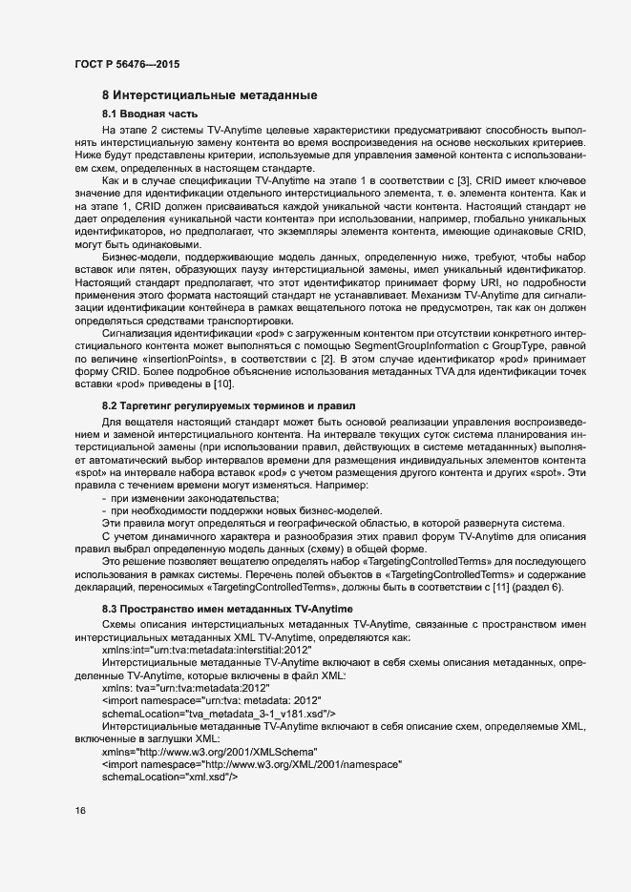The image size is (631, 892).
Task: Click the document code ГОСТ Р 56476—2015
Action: pos(126,65)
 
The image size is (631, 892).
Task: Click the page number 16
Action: pos(79,811)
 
